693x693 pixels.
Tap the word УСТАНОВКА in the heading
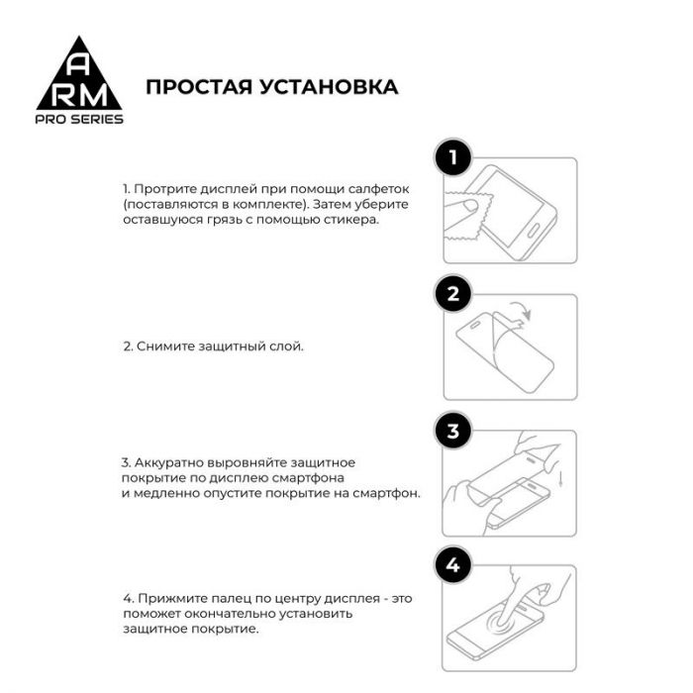(x=328, y=87)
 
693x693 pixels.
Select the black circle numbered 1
(x=453, y=157)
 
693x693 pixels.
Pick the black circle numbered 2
(x=453, y=294)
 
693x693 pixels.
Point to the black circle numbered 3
(x=453, y=431)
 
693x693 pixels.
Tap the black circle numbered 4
(x=453, y=565)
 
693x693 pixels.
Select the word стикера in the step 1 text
(x=351, y=221)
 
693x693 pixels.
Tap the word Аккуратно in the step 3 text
(x=164, y=462)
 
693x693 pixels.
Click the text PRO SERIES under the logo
(x=79, y=119)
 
